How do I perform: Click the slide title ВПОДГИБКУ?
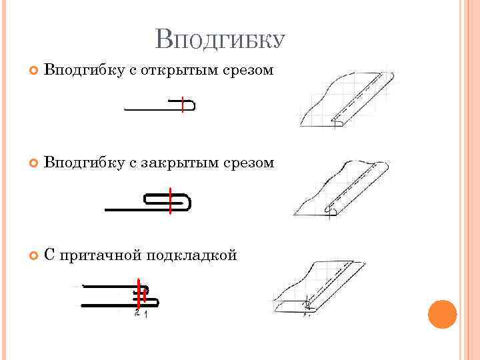pos(219,40)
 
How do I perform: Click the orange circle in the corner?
pos(442,314)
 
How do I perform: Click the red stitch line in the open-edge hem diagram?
pos(182,105)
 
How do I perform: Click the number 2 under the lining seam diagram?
pos(137,313)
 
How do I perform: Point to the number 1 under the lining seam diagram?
pos(145,315)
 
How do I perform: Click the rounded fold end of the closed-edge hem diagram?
pos(189,203)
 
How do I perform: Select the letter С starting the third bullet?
pos(49,255)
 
